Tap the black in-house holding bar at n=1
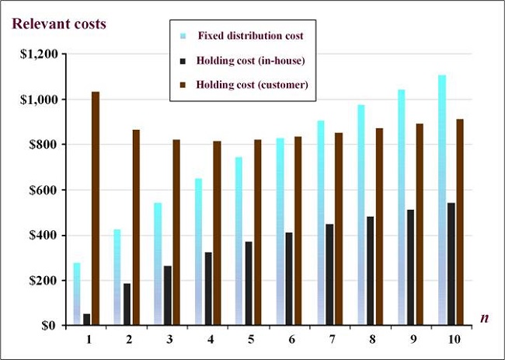pyautogui.click(x=86, y=320)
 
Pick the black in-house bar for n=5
pyautogui.click(x=249, y=283)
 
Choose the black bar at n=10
pyautogui.click(x=451, y=264)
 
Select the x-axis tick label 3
pyautogui.click(x=169, y=341)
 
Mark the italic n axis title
pyautogui.click(x=483, y=317)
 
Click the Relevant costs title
pyautogui.click(x=58, y=23)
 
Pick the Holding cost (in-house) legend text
pyautogui.click(x=250, y=61)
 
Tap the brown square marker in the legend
pyautogui.click(x=183, y=85)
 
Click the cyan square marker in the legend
pyautogui.click(x=183, y=36)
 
